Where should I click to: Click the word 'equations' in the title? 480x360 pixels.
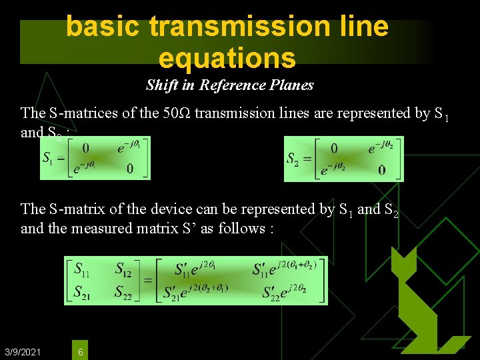[x=227, y=58]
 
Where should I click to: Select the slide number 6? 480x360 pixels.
[x=80, y=351]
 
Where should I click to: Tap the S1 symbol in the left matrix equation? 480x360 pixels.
[x=48, y=158]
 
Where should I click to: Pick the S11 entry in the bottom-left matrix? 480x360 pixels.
[x=83, y=270]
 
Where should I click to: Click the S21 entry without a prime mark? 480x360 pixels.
[x=82, y=292]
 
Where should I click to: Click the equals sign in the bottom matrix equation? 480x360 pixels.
[x=149, y=281]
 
